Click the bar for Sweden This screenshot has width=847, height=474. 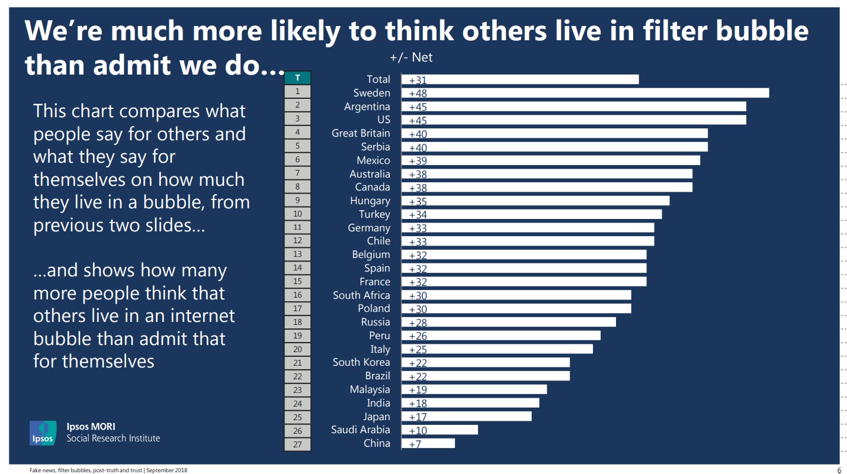point(585,93)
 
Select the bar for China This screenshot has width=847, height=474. point(428,443)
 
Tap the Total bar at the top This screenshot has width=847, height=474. point(520,79)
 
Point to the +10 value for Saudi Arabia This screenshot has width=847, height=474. point(418,430)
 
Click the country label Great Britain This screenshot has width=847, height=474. point(361,133)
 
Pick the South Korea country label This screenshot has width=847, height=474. point(361,362)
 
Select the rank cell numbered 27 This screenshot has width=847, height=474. point(297,444)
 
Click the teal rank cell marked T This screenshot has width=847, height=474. point(297,78)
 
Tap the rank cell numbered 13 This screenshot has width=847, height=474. point(297,254)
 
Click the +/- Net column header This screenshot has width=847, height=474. point(411,57)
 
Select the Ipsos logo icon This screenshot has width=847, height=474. point(43,433)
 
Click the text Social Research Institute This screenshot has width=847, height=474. point(113,438)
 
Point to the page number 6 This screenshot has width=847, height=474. point(839,470)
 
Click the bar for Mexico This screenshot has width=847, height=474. point(551,160)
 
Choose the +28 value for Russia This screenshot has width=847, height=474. point(418,323)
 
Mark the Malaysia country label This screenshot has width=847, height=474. point(370,389)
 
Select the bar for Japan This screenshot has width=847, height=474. point(467,416)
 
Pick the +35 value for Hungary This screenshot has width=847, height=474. point(418,201)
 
